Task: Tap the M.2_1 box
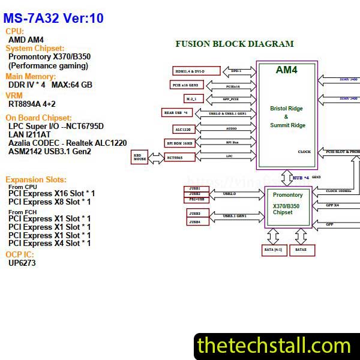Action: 191,98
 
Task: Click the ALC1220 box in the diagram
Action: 182,129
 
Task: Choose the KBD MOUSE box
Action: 140,157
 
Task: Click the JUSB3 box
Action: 195,213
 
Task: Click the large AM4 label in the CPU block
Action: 286,70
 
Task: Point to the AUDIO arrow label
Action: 231,128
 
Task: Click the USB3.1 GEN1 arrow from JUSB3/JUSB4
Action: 234,216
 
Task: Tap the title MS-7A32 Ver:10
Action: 53,19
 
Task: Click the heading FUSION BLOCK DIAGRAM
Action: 234,44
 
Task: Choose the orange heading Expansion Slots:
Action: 35,179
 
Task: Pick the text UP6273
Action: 22,263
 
